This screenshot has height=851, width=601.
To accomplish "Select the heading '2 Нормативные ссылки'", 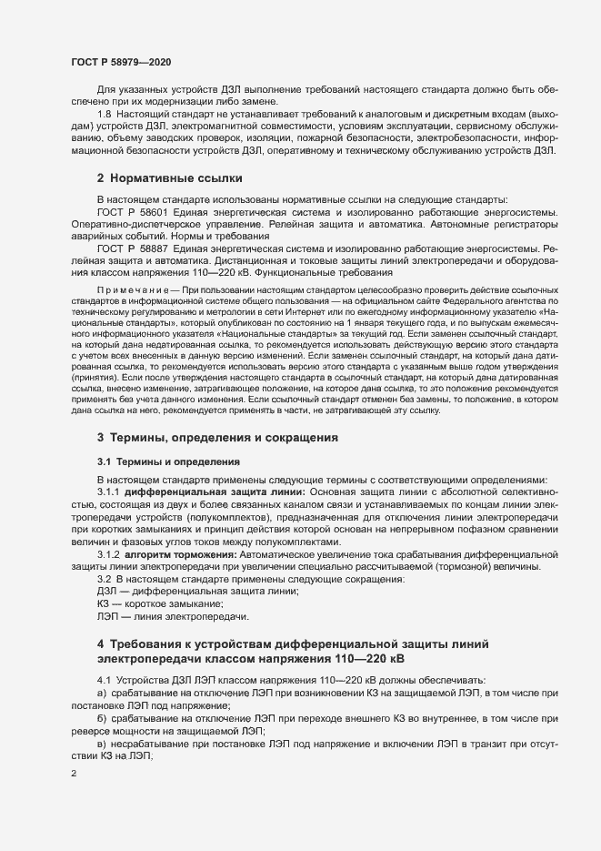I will tap(170, 177).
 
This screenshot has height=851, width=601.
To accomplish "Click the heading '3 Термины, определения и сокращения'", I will tap(217, 438).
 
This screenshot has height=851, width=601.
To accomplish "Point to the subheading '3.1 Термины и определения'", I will tap(168, 461).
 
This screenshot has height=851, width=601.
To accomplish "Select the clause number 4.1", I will tap(104, 679).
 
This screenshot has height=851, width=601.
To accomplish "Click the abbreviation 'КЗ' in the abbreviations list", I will tap(104, 604).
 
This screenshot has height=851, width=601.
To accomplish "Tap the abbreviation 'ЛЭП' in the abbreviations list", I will tap(107, 617).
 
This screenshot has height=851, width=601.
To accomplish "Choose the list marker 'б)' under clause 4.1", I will tap(101, 717).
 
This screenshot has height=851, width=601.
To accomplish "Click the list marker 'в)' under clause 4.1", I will tap(101, 743).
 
